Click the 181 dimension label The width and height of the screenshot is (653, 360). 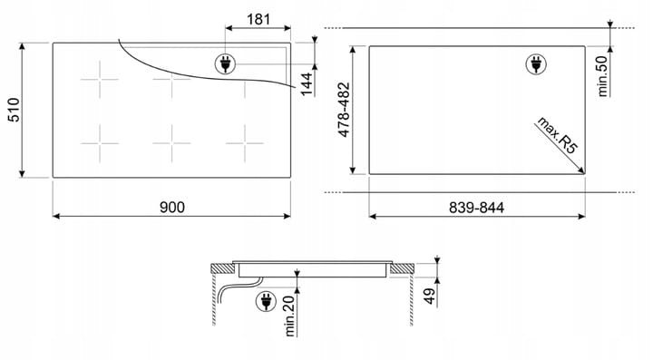(258, 19)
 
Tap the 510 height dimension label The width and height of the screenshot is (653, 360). (15, 110)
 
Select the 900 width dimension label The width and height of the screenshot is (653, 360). (172, 207)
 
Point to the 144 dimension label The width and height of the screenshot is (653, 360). (307, 84)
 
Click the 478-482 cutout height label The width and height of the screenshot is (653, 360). (345, 110)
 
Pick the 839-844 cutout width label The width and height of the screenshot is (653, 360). (476, 208)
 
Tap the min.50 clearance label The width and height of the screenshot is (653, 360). (602, 76)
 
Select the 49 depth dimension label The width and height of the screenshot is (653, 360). (430, 296)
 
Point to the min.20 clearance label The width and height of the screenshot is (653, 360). (289, 316)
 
